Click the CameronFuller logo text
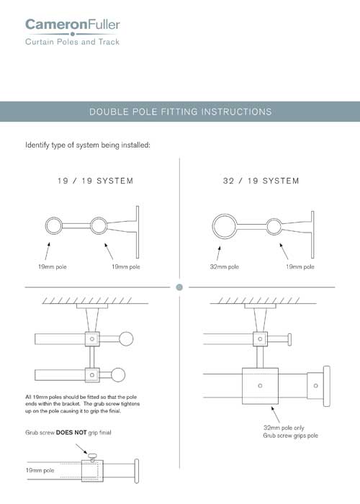click(x=73, y=26)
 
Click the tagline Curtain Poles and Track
click(x=72, y=42)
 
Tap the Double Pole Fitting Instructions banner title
click(x=180, y=112)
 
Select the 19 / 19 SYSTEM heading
click(x=94, y=181)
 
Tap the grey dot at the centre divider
click(x=180, y=287)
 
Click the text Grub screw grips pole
click(x=291, y=436)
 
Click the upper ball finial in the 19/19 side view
click(x=126, y=338)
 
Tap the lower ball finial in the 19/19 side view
click(x=126, y=374)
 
